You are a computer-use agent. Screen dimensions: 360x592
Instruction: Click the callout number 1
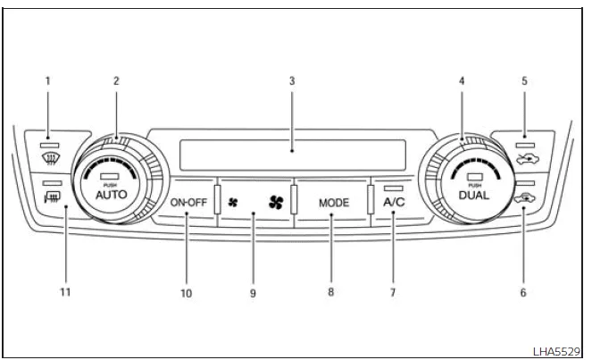click(x=47, y=80)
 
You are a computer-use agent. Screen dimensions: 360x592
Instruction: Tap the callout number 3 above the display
click(x=292, y=80)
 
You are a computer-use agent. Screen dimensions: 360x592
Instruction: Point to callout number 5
click(x=524, y=80)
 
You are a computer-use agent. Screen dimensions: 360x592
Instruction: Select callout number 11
click(x=64, y=292)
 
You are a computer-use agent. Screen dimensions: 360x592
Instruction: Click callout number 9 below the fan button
click(x=253, y=292)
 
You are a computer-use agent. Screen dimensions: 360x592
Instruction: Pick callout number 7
click(x=392, y=292)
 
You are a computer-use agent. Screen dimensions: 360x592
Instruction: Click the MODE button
click(x=334, y=203)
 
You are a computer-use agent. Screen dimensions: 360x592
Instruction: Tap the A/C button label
click(x=394, y=202)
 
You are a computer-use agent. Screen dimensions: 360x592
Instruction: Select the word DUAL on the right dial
click(x=474, y=194)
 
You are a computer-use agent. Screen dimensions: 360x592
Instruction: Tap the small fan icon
click(x=233, y=203)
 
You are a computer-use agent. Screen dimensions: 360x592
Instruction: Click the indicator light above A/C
click(x=394, y=188)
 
